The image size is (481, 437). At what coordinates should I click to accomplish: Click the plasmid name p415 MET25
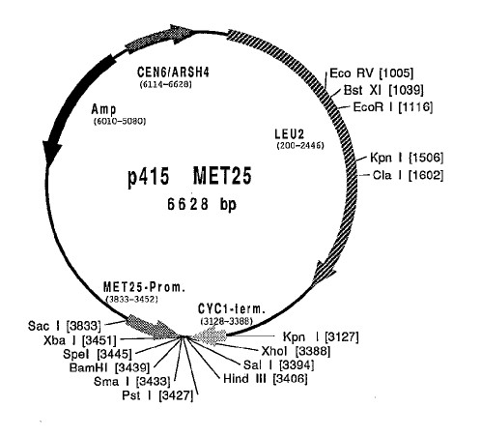coord(189,177)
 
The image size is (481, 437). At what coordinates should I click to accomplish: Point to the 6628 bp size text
coord(202,204)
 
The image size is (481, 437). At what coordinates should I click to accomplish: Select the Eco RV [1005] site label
coord(371,73)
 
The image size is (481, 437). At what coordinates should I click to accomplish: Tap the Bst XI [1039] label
coord(383,90)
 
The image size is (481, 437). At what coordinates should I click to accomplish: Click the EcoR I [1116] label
coord(393,107)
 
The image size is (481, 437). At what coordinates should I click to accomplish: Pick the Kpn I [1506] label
coord(407,158)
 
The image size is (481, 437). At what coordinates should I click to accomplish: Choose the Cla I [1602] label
coord(408,175)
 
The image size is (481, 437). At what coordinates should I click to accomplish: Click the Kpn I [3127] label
coord(321,337)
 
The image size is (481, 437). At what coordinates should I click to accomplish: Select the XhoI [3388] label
coord(296,351)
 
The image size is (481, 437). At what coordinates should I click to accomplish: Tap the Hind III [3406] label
coord(266,378)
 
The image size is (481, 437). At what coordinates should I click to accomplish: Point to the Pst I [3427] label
coord(157,395)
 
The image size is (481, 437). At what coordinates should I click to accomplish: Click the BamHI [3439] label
coord(110,367)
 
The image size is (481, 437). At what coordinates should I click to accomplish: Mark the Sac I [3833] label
coord(65,326)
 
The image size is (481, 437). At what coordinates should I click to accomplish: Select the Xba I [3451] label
coord(79,340)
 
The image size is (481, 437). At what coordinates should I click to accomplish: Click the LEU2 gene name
coord(290,134)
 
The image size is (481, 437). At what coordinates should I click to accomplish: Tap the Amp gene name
coord(103,109)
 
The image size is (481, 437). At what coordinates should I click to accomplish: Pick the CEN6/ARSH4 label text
coord(173,72)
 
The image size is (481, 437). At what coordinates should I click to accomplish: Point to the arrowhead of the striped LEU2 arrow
coord(324,273)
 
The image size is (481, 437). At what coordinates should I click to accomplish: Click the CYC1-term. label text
coord(232,309)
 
